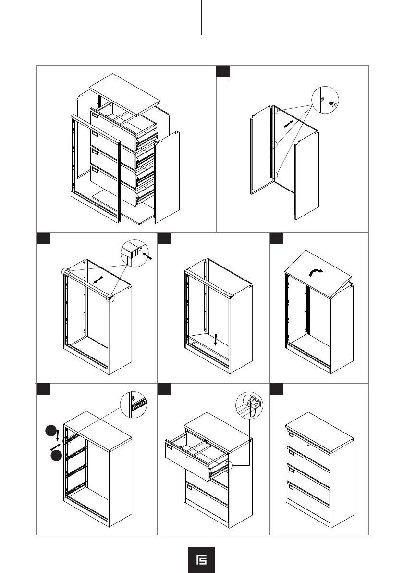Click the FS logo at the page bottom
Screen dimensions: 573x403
201,560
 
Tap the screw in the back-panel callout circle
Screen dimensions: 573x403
332,103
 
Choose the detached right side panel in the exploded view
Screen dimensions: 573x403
168,176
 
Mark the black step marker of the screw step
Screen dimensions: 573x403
222,72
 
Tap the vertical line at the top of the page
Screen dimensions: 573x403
201,17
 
